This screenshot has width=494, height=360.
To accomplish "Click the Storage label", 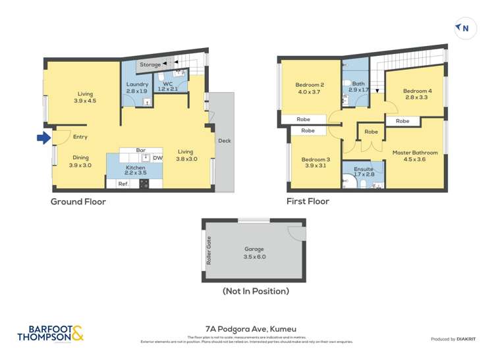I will click(150, 64).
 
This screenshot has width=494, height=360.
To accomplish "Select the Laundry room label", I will click(137, 84).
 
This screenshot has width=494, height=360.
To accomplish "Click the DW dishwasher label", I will click(157, 158).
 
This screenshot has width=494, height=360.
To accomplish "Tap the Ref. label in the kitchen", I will click(123, 184).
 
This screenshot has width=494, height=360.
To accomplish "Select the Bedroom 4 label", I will click(417, 91).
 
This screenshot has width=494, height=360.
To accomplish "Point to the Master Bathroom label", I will click(415, 153).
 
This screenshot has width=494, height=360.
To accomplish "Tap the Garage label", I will click(254, 249).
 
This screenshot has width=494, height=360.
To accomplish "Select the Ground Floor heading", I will click(78, 202).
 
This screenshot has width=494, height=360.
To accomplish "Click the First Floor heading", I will click(308, 201).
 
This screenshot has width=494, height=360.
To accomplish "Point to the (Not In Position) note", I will click(256, 291).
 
